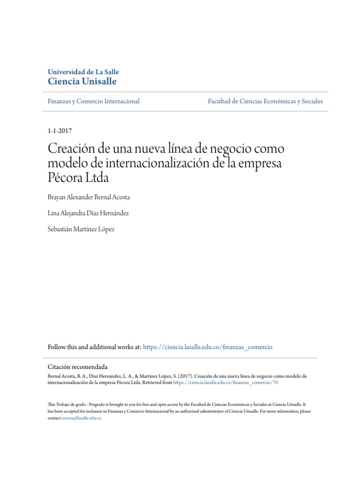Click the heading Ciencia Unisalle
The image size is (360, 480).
tap(82, 82)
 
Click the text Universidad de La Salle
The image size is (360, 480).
tap(83, 72)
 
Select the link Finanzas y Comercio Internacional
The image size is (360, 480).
tap(94, 101)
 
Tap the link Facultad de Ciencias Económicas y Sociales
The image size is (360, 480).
tap(265, 101)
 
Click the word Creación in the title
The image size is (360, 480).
tap(73, 150)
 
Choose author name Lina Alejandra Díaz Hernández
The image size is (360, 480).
tap(88, 213)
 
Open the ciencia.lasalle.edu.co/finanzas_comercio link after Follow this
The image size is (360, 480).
tap(208, 347)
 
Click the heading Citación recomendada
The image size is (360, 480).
tap(78, 367)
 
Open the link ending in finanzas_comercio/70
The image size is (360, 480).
tap(226, 382)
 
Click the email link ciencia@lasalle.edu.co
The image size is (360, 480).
tap(82, 418)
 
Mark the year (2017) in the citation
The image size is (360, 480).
tap(184, 376)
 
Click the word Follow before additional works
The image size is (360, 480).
tap(58, 347)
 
